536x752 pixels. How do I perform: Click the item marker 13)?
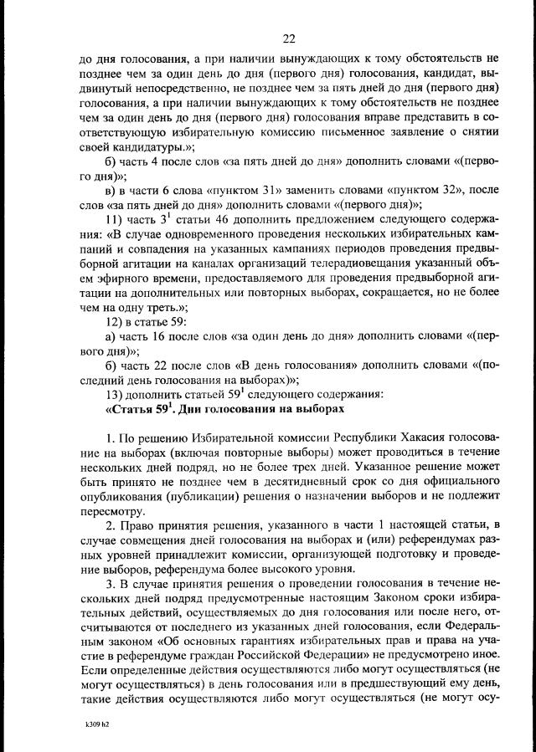(114, 392)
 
